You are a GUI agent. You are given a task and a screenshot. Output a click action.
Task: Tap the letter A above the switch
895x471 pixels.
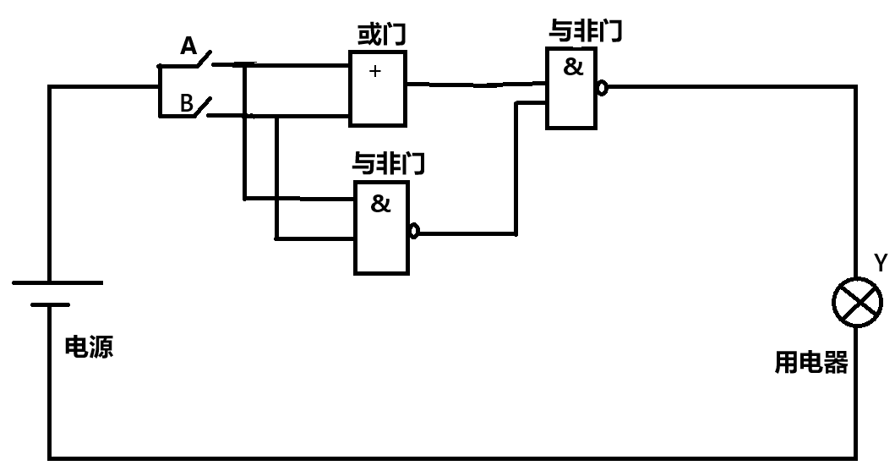pyautogui.click(x=188, y=47)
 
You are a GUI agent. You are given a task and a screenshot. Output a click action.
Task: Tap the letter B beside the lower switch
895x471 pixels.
pyautogui.click(x=187, y=103)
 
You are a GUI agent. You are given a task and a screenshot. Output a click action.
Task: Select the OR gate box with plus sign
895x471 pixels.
pyautogui.click(x=377, y=88)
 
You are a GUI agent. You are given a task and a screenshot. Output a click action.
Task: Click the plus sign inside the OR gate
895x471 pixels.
pyautogui.click(x=375, y=72)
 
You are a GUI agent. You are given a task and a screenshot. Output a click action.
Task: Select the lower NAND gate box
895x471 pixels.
pyautogui.click(x=381, y=227)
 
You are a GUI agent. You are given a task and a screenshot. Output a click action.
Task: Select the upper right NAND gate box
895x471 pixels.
pyautogui.click(x=573, y=87)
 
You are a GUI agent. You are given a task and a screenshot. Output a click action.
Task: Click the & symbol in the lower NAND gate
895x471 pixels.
pyautogui.click(x=381, y=204)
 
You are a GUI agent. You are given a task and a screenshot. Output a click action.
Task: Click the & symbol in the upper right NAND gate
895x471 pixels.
pyautogui.click(x=573, y=68)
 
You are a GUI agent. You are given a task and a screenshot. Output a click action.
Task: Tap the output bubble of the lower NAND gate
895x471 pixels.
pyautogui.click(x=413, y=231)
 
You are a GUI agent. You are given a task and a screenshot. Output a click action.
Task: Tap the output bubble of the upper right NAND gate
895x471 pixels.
pyautogui.click(x=602, y=87)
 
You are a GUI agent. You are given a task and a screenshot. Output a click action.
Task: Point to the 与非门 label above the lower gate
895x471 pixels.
pyautogui.click(x=388, y=163)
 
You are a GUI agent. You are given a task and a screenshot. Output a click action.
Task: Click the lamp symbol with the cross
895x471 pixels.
pyautogui.click(x=857, y=302)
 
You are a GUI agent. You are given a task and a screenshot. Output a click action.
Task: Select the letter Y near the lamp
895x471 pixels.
pyautogui.click(x=880, y=264)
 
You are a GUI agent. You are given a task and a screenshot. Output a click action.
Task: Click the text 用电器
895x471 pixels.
pyautogui.click(x=811, y=364)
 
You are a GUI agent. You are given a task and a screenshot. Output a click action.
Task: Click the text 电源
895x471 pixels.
pyautogui.click(x=89, y=347)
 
